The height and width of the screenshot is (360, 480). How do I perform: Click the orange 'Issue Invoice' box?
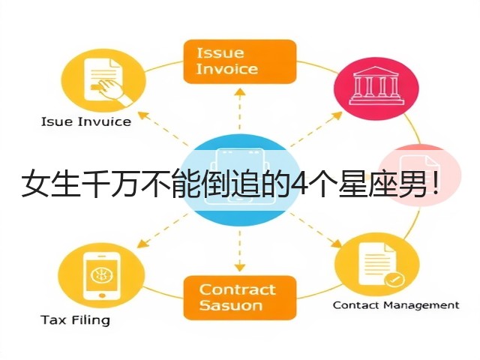240,61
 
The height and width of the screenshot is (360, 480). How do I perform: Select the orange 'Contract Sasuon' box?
240,298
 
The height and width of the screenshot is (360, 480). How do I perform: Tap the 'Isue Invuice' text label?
86,121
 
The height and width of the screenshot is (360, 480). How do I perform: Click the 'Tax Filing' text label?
75,320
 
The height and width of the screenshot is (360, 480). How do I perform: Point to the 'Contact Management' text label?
396,305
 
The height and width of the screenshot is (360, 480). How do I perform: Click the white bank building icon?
376,85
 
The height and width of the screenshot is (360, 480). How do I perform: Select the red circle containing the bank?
376,89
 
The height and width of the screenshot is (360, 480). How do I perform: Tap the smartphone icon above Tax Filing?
102,277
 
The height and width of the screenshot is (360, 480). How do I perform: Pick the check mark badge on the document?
394,279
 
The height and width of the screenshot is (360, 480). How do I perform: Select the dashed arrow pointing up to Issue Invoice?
240,109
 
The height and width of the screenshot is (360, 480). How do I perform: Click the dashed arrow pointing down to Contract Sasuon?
240,251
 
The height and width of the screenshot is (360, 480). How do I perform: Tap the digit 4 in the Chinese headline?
298,184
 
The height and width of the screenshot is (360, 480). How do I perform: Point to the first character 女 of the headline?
34,184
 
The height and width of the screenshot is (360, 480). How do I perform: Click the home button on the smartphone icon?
102,295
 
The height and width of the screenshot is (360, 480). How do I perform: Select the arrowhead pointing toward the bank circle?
337,115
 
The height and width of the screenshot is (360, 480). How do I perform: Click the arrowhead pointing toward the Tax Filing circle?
142,244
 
